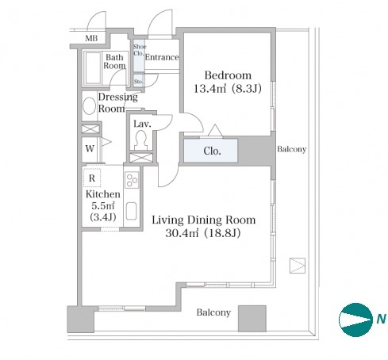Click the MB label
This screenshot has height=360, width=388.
[x=91, y=38]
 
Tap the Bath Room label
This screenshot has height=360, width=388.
[x=114, y=61]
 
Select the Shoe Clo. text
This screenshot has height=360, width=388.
[x=139, y=50]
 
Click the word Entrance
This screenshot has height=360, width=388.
[x=162, y=57]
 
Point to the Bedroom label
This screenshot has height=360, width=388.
[x=228, y=75]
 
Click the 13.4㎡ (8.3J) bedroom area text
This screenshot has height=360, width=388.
[x=228, y=89]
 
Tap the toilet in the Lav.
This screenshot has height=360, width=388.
[x=140, y=140]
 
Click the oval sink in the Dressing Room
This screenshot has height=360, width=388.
[x=89, y=106]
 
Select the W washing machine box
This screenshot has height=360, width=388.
[x=90, y=149]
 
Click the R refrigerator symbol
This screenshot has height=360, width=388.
[x=92, y=178]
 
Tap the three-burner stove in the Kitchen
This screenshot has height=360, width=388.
[x=132, y=180]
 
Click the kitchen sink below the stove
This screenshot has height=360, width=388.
[x=131, y=211]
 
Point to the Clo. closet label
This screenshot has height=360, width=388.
[x=212, y=151]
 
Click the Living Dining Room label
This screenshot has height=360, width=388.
[x=204, y=220]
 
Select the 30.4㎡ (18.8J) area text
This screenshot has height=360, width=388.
[x=203, y=233]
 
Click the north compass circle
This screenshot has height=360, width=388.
[x=355, y=320]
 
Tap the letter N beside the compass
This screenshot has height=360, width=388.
[x=381, y=319]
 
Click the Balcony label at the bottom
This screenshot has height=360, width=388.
[x=213, y=312]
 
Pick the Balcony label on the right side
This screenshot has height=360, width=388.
[x=292, y=149]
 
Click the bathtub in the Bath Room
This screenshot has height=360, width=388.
[x=93, y=67]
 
